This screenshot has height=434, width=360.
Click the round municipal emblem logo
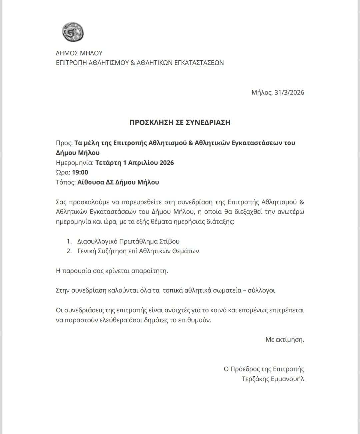(x=73, y=32)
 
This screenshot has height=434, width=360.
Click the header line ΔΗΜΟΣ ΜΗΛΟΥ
(x=79, y=53)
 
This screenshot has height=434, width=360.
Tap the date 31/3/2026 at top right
(x=289, y=92)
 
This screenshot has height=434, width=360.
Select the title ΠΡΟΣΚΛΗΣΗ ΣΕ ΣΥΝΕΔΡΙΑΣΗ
(x=180, y=122)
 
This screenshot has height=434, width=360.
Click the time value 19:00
(x=80, y=172)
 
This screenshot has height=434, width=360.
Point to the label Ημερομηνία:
(x=74, y=163)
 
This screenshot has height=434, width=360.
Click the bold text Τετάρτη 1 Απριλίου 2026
(x=134, y=163)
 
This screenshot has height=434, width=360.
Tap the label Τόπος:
(x=65, y=182)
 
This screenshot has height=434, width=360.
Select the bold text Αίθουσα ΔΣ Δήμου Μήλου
(x=118, y=182)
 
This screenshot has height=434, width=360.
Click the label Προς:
(x=64, y=143)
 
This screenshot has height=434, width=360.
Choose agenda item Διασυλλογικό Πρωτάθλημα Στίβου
(x=128, y=241)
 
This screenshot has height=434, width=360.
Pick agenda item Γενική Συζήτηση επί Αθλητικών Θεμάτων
(x=138, y=251)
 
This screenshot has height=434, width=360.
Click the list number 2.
(x=69, y=251)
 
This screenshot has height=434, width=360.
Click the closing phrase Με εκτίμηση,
(x=285, y=340)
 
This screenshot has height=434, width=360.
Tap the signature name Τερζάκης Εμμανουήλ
(x=273, y=379)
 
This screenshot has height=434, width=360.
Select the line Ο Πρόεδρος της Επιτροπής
(x=264, y=369)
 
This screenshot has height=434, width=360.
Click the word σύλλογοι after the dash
(x=261, y=290)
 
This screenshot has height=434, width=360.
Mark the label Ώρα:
(x=63, y=172)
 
